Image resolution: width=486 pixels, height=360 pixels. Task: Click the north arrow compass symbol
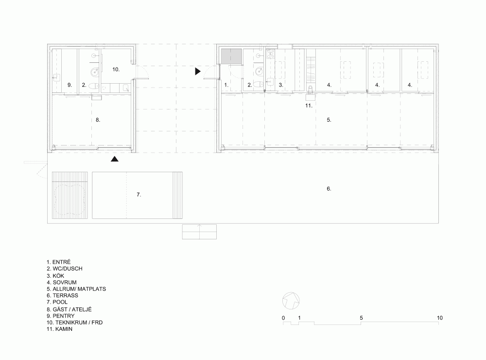[291, 301]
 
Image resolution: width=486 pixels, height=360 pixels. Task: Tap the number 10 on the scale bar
[439, 318]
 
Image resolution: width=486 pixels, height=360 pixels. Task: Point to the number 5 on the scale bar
[361, 318]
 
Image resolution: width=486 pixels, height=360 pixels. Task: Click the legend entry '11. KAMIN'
[59, 329]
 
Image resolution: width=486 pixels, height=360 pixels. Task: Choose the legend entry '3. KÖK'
[55, 275]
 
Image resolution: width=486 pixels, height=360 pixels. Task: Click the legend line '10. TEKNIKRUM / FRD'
[75, 323]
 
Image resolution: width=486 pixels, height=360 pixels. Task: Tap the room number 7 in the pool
[139, 195]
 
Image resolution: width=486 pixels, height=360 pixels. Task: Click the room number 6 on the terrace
[329, 189]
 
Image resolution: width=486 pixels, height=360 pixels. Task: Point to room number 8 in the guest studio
[98, 120]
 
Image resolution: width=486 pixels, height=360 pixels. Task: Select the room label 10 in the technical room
[116, 70]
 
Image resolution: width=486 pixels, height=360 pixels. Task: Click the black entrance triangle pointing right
[198, 72]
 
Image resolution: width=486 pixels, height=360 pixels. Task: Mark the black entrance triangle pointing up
[115, 159]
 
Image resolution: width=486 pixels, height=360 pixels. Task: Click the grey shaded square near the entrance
[232, 57]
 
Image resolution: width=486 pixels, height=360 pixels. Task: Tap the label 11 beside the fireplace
[309, 106]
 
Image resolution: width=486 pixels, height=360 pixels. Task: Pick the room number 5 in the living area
[329, 120]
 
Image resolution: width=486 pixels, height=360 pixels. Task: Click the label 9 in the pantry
[69, 85]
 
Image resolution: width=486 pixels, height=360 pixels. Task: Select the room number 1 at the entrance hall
[226, 85]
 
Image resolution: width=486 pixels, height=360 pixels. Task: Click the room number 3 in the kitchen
[281, 85]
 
